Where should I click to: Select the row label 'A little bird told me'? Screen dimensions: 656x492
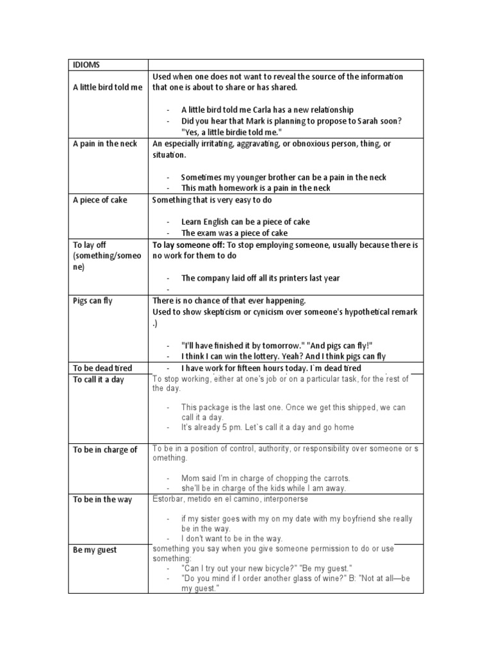click(108, 88)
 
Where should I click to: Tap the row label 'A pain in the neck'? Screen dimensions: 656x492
click(104, 143)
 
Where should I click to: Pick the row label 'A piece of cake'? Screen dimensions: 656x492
click(100, 200)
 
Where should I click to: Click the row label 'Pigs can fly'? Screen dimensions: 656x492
click(92, 300)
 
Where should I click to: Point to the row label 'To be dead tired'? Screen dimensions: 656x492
click(102, 368)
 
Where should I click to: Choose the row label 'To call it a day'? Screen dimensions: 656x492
click(99, 380)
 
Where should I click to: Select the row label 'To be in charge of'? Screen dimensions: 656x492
click(105, 449)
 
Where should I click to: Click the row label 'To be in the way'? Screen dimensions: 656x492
click(102, 499)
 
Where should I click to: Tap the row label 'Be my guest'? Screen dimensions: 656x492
click(95, 550)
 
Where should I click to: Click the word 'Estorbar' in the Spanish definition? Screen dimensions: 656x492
click(168, 498)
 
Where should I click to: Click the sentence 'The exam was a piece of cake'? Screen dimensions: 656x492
click(234, 233)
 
